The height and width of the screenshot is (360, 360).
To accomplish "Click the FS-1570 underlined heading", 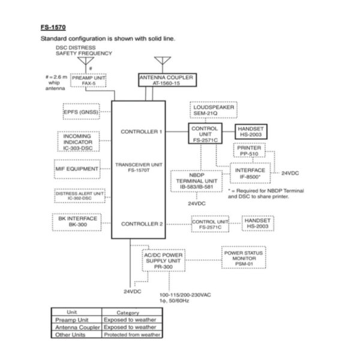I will (x=53, y=28).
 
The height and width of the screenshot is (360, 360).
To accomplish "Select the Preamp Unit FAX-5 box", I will (x=88, y=80).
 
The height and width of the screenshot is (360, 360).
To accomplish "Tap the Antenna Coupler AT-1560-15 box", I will (x=166, y=81).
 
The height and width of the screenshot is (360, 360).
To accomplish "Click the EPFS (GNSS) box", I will (x=82, y=112).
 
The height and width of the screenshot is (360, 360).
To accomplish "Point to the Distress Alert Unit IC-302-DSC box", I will (x=80, y=196).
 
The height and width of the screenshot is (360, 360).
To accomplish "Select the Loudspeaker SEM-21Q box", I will (x=212, y=110).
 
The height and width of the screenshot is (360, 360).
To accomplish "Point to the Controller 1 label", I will (x=142, y=131).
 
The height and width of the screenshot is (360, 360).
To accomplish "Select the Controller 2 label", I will (x=142, y=224).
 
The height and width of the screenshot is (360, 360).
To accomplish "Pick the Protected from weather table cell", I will (x=132, y=335).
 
